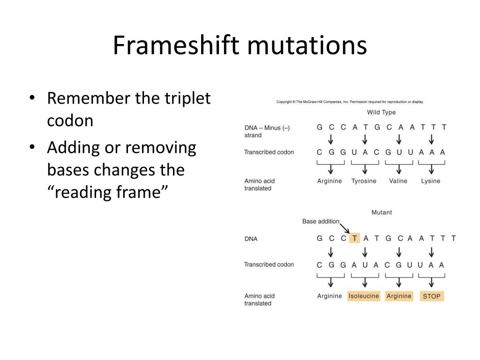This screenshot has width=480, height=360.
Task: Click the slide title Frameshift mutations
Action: (240, 46)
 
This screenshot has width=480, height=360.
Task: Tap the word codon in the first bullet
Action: (70, 120)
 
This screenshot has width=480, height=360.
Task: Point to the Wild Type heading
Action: (381, 112)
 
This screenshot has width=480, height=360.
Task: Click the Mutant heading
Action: (382, 212)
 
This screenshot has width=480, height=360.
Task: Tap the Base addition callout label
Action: (321, 222)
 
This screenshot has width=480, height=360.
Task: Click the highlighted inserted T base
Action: (354, 238)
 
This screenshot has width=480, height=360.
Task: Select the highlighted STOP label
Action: (432, 296)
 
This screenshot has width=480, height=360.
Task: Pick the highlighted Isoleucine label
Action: (364, 296)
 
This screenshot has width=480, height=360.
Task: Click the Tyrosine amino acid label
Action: (364, 181)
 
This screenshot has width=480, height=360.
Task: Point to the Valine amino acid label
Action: (398, 181)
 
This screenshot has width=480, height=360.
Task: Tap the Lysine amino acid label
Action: (430, 181)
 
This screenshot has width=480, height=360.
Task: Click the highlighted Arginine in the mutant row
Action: (399, 296)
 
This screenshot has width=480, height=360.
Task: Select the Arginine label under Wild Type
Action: (330, 181)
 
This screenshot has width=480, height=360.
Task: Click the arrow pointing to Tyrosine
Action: (365, 169)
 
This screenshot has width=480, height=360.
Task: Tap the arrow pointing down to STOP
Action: (432, 283)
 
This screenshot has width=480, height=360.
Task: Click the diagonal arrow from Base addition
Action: (345, 228)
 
